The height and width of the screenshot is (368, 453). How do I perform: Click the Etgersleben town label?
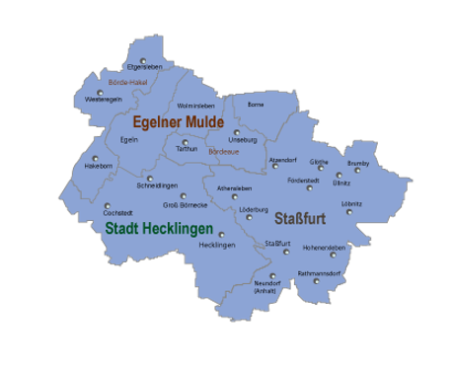(x=144, y=67)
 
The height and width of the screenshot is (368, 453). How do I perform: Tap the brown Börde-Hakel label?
(x=126, y=83)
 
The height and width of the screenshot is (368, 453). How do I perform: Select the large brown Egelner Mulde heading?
(x=179, y=121)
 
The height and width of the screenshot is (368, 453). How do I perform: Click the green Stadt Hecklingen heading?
(x=159, y=227)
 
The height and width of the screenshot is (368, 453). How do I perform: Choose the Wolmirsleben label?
(x=194, y=105)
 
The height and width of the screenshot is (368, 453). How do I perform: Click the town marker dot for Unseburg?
(x=237, y=132)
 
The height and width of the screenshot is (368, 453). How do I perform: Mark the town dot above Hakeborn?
(x=96, y=158)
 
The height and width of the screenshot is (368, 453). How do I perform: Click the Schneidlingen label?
(x=158, y=185)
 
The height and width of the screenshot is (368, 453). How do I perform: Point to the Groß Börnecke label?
(x=186, y=205)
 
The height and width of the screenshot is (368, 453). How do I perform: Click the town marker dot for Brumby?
(x=358, y=170)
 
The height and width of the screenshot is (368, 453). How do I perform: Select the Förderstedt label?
(x=304, y=182)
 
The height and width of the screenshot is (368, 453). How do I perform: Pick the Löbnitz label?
(x=351, y=203)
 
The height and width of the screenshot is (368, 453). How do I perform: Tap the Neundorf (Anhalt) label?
(x=265, y=287)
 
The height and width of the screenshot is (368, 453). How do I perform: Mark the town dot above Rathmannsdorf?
(x=318, y=280)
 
